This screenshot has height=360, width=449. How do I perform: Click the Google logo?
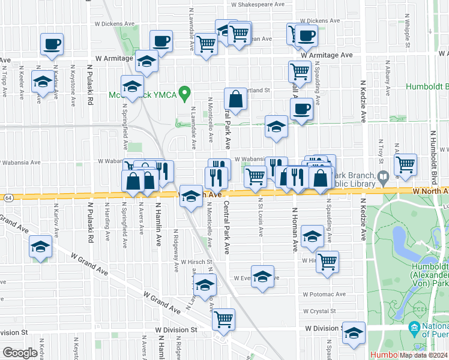[19, 353]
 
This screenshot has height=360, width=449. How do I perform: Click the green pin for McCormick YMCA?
[185, 94]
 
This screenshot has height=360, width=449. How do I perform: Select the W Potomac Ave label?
[324, 295]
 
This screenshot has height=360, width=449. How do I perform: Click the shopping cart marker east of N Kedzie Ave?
[406, 163]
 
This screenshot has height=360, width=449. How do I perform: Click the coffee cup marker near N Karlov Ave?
[52, 43]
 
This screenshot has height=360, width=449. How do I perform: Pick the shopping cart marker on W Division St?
[224, 318]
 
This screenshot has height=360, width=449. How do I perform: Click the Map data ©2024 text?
[424, 355]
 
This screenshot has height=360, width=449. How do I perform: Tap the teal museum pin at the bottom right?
[414, 328]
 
